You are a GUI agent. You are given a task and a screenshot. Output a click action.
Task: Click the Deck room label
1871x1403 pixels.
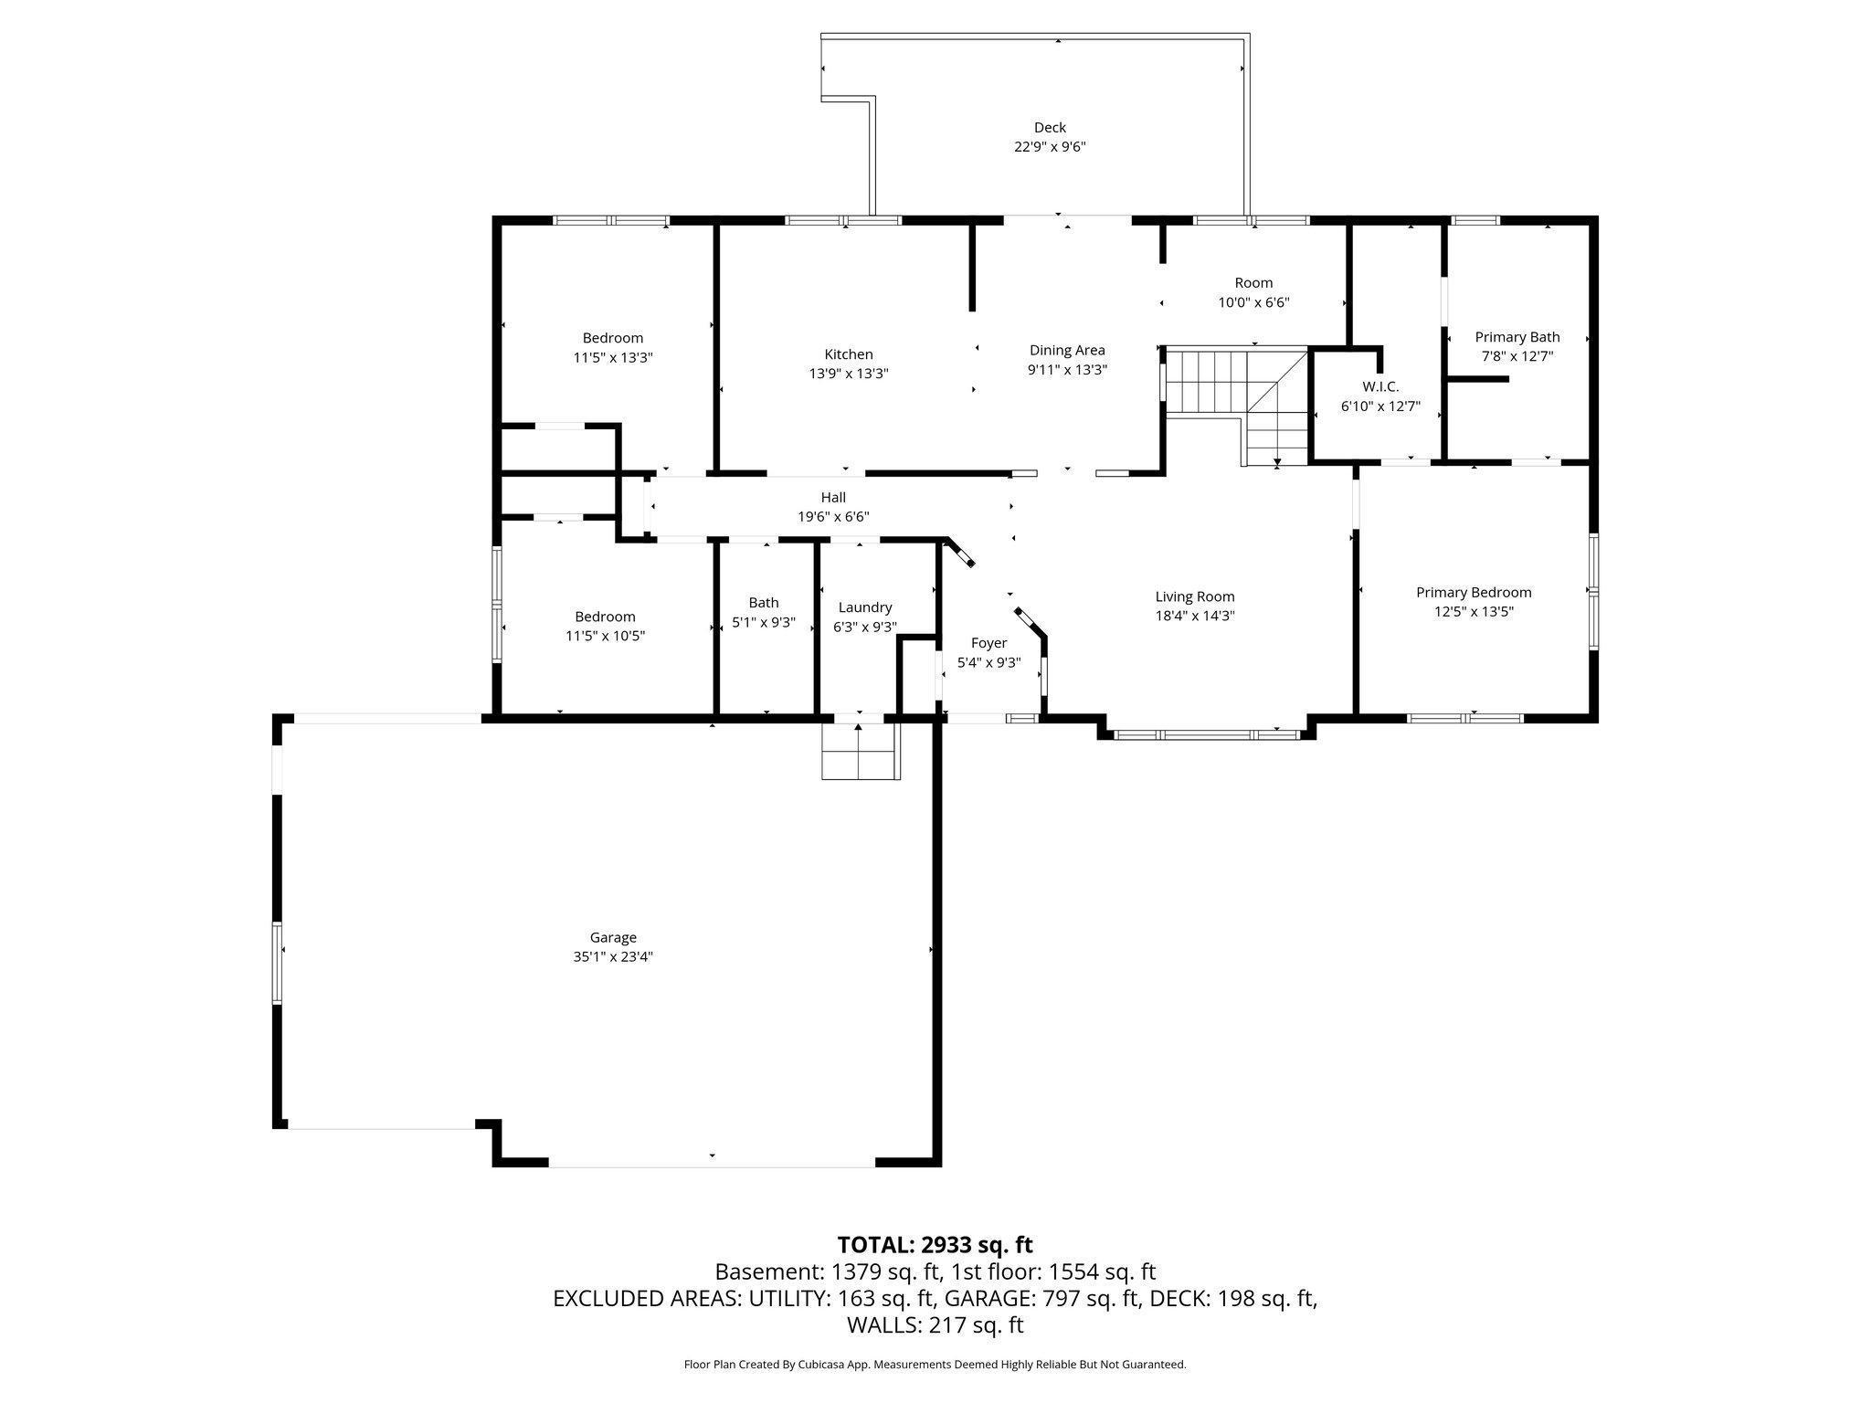point(1050,128)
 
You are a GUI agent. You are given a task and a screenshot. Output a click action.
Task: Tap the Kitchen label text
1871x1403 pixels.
point(849,354)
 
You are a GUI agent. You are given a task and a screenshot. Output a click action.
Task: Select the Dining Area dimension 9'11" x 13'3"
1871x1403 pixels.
point(1067,370)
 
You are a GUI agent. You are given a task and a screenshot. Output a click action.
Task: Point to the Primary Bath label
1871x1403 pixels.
point(1517,337)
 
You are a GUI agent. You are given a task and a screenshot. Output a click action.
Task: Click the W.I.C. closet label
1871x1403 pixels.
point(1380,386)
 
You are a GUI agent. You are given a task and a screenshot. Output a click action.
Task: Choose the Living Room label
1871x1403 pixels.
point(1195,596)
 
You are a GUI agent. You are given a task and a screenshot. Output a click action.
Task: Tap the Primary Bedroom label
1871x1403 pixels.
point(1474,592)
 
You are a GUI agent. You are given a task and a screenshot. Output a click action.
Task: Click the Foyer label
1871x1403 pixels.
point(988,643)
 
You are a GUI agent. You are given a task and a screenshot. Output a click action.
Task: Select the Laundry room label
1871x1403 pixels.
point(865,607)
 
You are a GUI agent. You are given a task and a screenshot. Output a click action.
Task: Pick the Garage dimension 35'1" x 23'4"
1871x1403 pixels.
point(613,956)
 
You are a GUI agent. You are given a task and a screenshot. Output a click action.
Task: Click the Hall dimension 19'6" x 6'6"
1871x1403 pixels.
point(833,516)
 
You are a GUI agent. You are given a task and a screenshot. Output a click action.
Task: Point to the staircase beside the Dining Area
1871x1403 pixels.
point(1237,406)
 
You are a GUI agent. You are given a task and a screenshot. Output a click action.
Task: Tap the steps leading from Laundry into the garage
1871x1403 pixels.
point(861,752)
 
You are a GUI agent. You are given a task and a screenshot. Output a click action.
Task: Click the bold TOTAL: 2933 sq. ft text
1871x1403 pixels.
point(935,1245)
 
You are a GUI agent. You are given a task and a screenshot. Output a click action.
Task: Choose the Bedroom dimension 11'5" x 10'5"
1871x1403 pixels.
point(606,636)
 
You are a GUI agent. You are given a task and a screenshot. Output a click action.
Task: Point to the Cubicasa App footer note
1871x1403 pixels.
point(935,1365)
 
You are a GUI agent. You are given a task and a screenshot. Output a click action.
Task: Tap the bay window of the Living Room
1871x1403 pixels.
point(1206,733)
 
